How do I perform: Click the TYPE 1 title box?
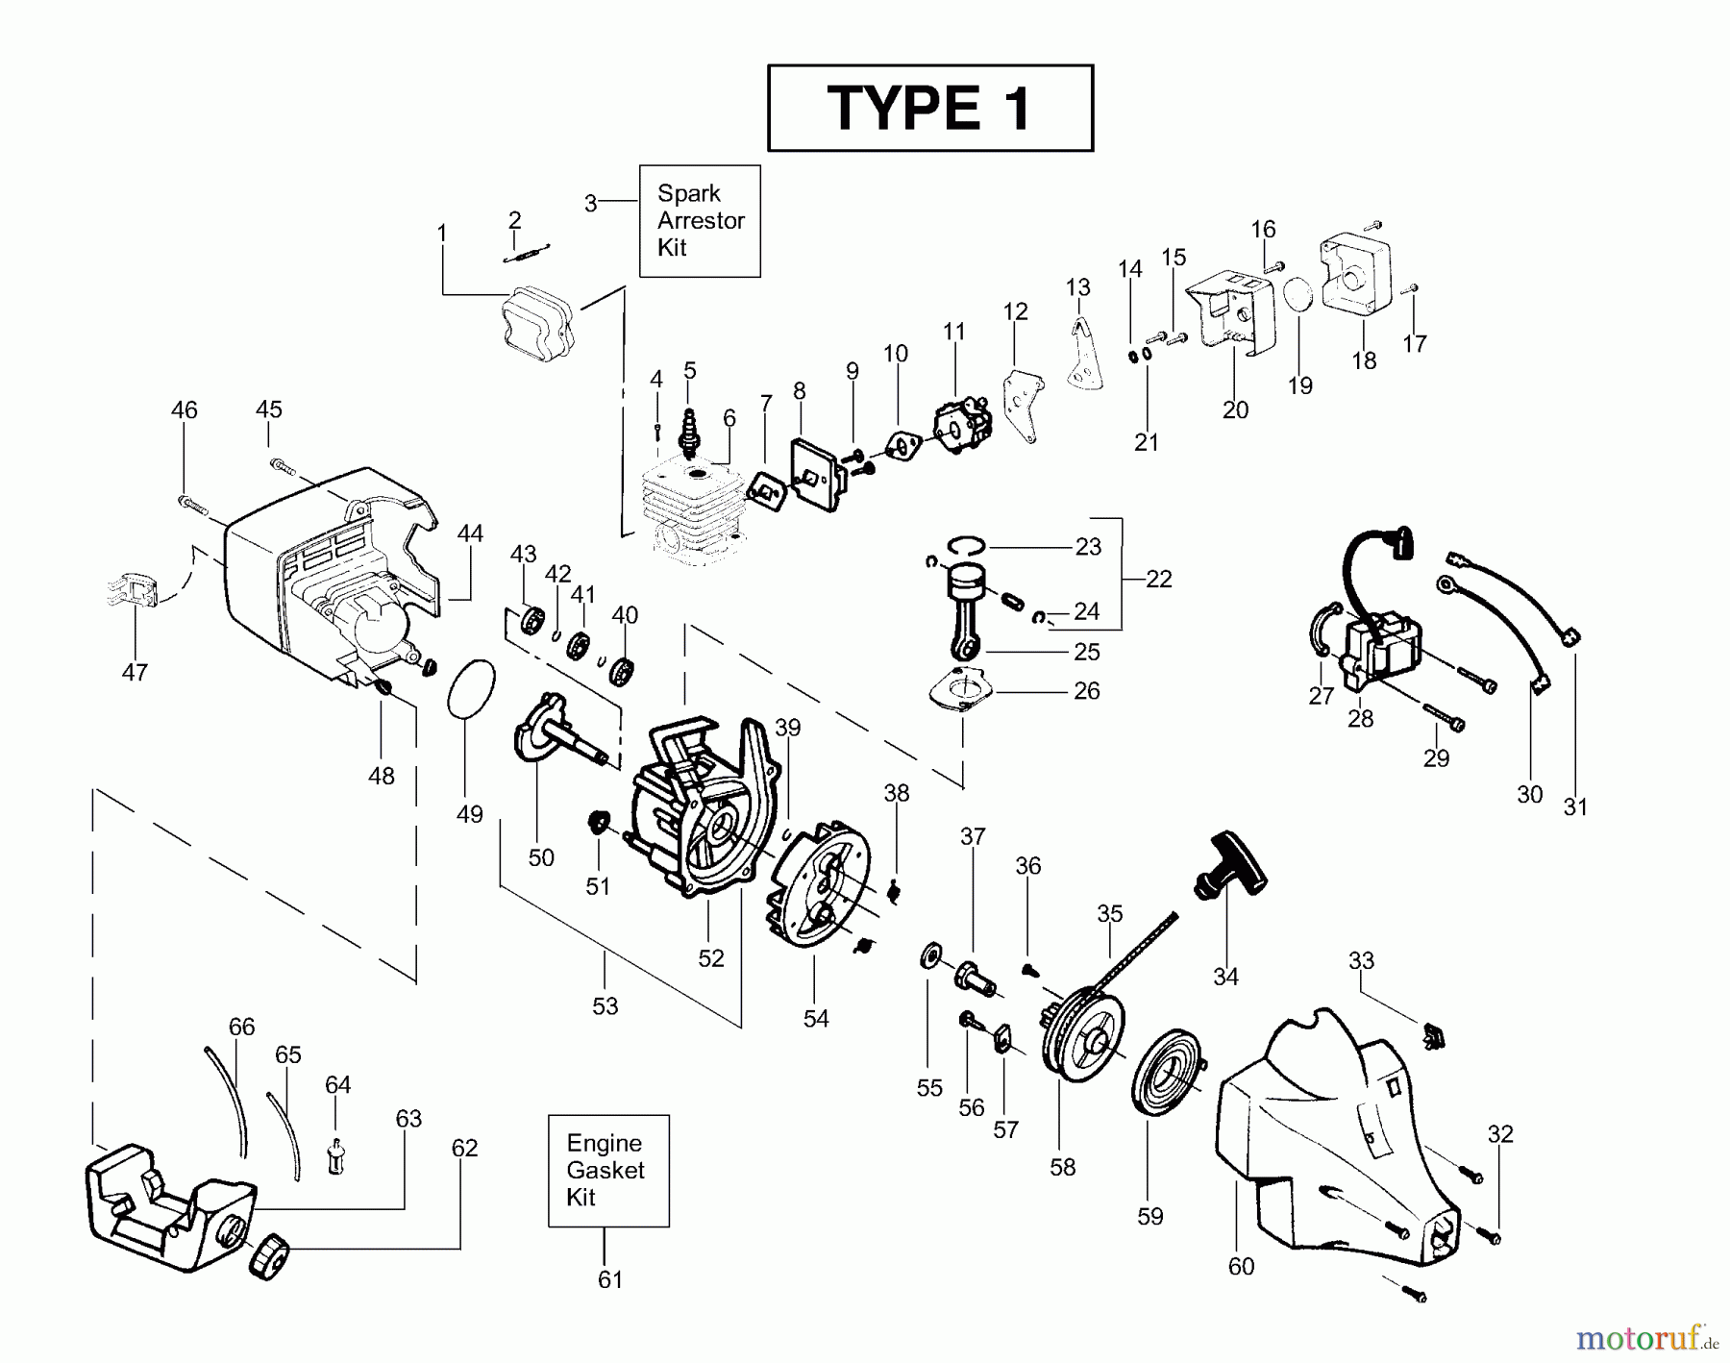click(x=929, y=108)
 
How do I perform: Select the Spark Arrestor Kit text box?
click(x=700, y=221)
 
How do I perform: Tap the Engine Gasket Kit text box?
click(x=608, y=1171)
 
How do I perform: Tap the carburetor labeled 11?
click(x=961, y=428)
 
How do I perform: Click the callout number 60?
click(x=1241, y=1267)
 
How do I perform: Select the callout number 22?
click(x=1159, y=579)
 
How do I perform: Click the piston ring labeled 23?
click(x=966, y=545)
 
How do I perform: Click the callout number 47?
click(x=135, y=672)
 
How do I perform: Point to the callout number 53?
click(x=605, y=1005)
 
